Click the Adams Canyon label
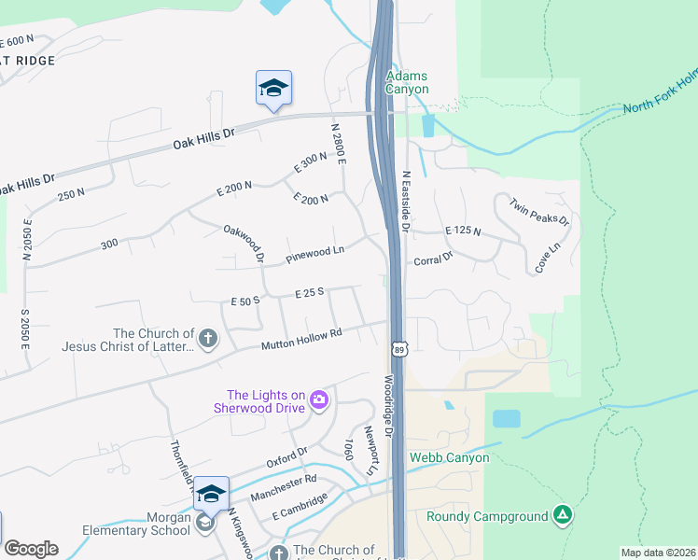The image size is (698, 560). point(408,82)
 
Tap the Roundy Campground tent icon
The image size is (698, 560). point(562,515)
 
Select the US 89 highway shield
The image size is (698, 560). point(398,347)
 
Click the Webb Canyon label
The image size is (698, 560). point(448,457)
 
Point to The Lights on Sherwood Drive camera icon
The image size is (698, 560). point(319,399)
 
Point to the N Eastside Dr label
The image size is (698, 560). point(406,200)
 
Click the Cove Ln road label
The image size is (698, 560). point(548,259)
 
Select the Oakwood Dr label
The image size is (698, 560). point(244,242)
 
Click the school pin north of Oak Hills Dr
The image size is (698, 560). point(273,89)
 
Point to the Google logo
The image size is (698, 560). point(31,548)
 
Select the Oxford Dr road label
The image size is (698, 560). point(286,456)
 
